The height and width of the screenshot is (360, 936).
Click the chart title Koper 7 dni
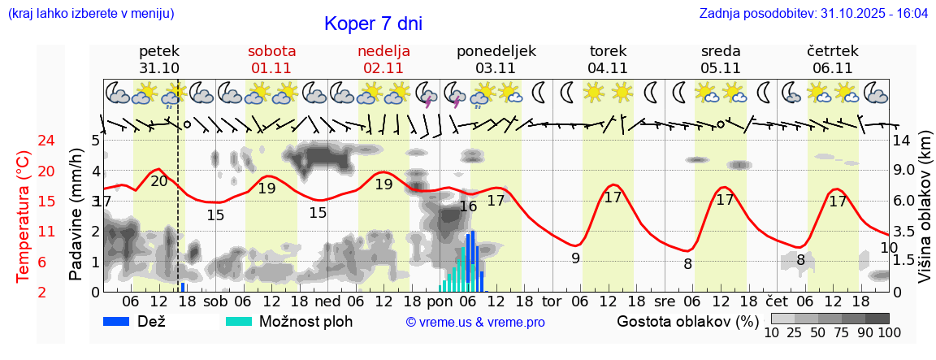[x=373, y=24]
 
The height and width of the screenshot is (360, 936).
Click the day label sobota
[x=272, y=51]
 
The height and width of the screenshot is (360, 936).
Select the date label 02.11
[x=383, y=68]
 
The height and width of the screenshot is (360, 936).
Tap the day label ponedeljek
[x=496, y=51]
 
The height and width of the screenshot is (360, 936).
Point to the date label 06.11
[x=832, y=68]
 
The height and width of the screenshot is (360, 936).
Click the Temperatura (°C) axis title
[x=23, y=215]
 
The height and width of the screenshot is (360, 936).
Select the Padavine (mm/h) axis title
[x=76, y=215]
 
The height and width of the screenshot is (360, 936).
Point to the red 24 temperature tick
[x=24, y=141]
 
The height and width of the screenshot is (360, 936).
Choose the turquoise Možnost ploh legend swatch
[x=239, y=321]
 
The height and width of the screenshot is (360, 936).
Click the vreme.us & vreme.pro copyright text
[x=475, y=323]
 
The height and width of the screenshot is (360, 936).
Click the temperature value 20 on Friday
[x=159, y=181]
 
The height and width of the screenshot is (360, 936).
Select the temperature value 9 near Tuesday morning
[x=575, y=259]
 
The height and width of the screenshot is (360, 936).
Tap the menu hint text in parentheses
[x=90, y=14]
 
